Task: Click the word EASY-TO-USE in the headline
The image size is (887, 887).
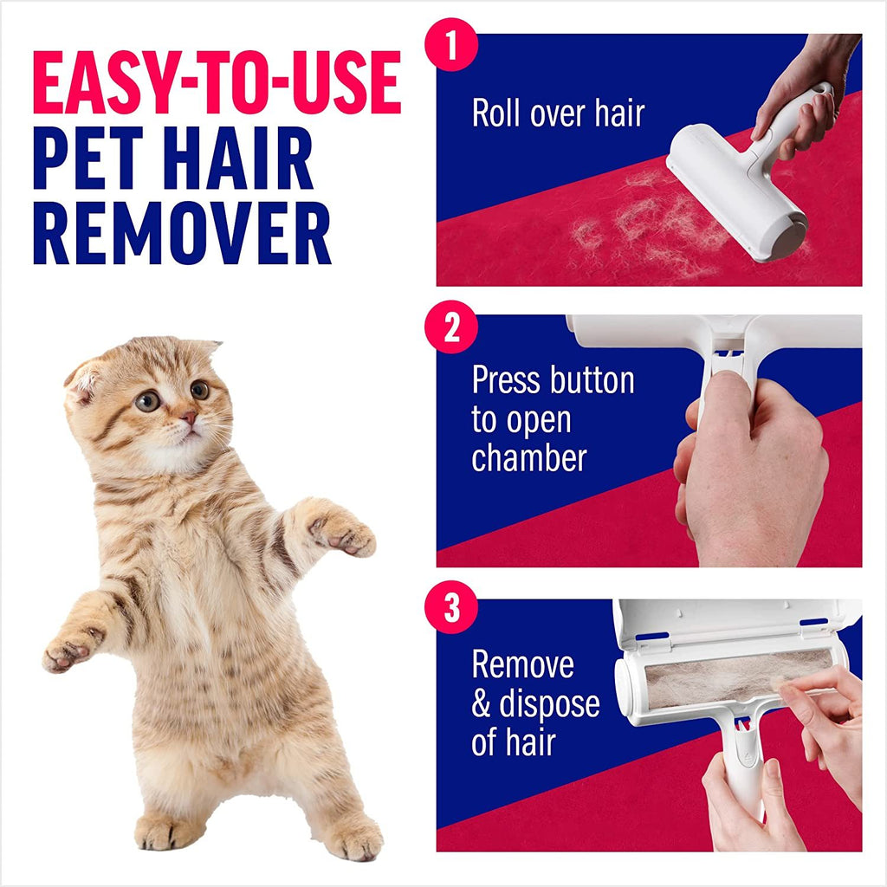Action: coord(217,85)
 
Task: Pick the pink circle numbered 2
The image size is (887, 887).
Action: coord(451,330)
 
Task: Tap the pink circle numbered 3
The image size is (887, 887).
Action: coord(451,610)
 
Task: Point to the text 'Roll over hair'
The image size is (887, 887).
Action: coord(558,113)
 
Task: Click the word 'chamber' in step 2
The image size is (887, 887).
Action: coord(528,457)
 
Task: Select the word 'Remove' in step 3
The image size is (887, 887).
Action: coord(522,664)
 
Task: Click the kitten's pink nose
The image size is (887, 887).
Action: coord(188,419)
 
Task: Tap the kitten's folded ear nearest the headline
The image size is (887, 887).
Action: coord(85,380)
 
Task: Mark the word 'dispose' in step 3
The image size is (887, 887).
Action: coord(548,705)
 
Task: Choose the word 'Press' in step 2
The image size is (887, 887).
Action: coord(511,380)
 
